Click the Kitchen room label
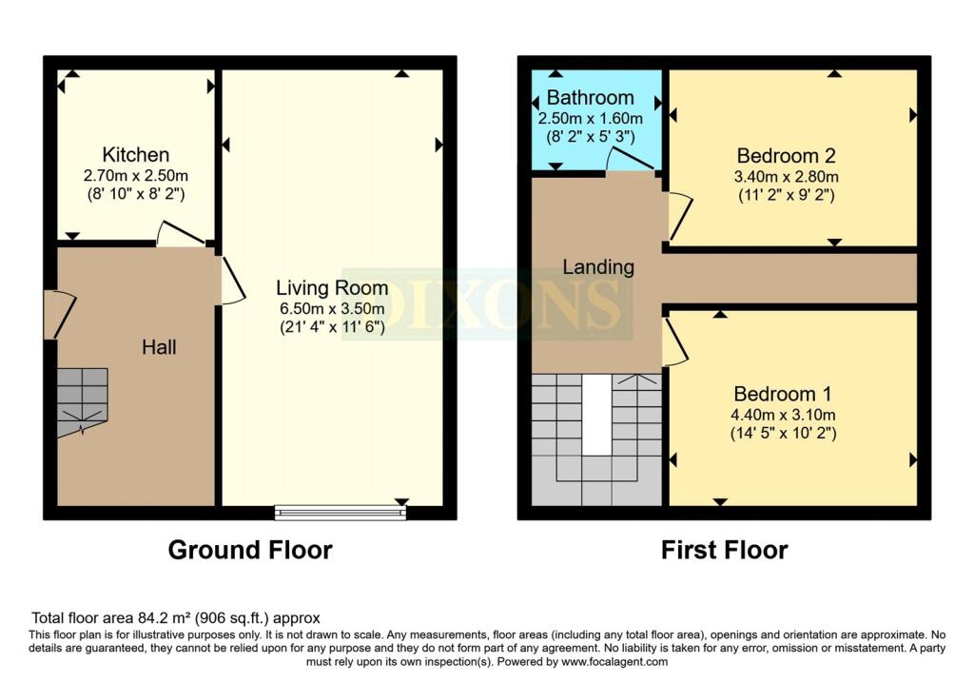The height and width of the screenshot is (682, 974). pos(135,155)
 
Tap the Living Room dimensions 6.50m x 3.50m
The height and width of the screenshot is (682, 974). pos(332,308)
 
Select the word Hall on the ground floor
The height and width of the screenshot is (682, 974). pos(159,347)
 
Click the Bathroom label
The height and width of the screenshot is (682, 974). pos(590,98)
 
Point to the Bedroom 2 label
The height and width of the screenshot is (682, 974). pos(786,155)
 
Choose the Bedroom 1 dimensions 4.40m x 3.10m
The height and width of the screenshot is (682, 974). pos(783,415)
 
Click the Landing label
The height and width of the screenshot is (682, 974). pos(598,267)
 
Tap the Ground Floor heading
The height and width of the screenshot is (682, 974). pos(250,550)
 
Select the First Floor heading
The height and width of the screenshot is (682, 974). pos(724,550)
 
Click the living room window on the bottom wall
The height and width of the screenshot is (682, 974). pos(341,513)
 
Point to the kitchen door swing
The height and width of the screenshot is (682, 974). pos(180,234)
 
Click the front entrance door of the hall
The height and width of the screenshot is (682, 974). pos(60,314)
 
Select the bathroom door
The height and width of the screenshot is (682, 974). pos(630,159)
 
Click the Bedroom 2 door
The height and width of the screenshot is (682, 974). pos(680,216)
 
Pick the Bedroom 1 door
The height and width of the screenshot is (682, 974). pos(676,341)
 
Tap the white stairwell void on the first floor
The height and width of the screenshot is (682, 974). pos(596,415)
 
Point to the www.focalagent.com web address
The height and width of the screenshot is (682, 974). pos(614,662)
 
